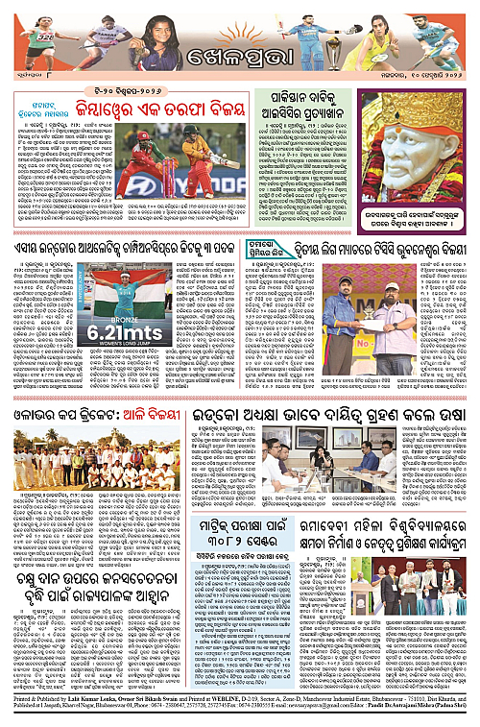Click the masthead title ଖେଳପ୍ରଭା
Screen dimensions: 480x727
coord(239,71)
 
